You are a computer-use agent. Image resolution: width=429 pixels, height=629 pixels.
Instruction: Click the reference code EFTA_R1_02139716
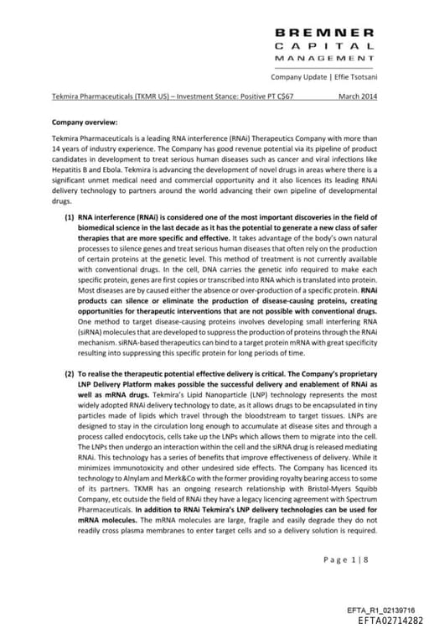pyautogui.click(x=380, y=609)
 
